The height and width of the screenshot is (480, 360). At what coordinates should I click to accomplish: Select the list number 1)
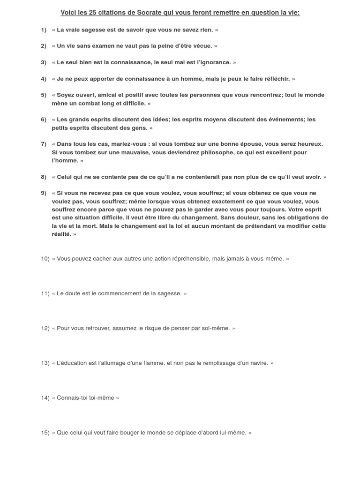(44, 30)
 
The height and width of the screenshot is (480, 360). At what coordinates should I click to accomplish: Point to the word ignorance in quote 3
(214, 62)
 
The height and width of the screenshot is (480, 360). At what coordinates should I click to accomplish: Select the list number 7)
(44, 144)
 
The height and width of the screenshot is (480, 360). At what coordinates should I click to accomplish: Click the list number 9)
(44, 193)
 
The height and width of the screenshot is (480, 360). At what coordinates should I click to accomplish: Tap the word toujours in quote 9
(270, 210)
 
